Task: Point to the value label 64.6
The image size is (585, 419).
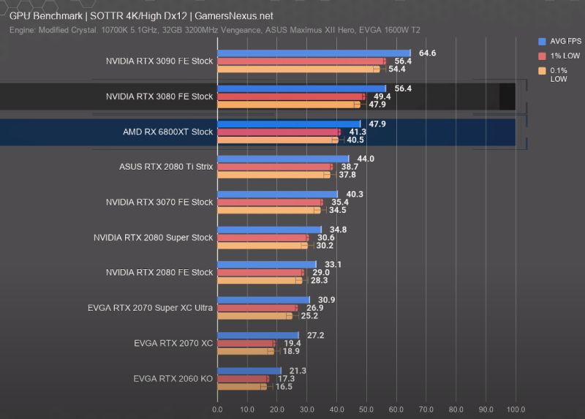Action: pos(427,53)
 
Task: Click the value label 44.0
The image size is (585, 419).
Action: pos(366,159)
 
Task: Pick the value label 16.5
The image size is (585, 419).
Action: pos(283,386)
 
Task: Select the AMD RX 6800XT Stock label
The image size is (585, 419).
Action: pos(167,132)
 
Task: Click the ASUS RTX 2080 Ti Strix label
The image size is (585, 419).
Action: pos(166,167)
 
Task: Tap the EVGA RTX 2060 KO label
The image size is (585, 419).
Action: pos(173,378)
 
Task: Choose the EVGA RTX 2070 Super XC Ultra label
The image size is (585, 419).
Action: pos(150,308)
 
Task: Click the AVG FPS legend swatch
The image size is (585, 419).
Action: pos(542,42)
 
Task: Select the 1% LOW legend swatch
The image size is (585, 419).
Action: pos(542,56)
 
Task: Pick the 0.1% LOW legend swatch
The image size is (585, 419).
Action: pos(542,71)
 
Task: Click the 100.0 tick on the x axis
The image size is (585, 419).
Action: pos(516,409)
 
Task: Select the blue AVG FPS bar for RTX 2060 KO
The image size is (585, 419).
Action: pos(249,371)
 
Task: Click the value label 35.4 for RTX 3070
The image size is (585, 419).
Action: pos(339,203)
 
